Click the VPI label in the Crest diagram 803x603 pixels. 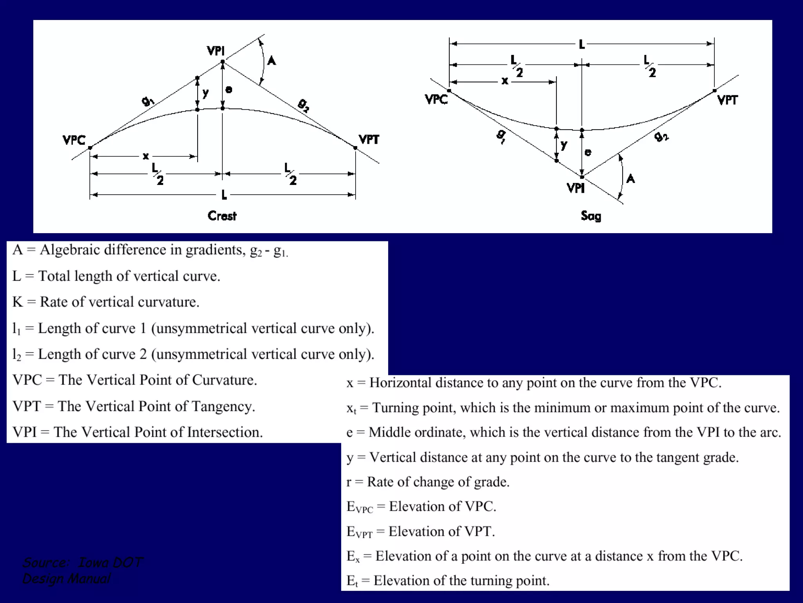(216, 51)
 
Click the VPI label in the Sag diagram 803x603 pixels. (576, 188)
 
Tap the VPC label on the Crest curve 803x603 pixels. (74, 140)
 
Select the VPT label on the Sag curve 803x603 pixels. (727, 100)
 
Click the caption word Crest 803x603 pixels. (222, 216)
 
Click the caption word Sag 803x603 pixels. (591, 216)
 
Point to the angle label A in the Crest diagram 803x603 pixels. (271, 61)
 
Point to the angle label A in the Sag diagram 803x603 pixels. (630, 179)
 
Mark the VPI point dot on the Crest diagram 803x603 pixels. (223, 62)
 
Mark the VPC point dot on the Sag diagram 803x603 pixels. (449, 91)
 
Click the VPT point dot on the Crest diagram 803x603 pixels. (355, 148)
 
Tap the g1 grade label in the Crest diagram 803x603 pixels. (147, 101)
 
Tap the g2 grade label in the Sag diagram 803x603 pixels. (661, 136)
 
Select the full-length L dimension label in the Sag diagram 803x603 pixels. (582, 44)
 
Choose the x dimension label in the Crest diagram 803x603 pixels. (146, 156)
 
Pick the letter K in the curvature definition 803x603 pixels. (17, 302)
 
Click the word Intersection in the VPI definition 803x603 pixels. (224, 432)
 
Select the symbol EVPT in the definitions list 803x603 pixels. (359, 532)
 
